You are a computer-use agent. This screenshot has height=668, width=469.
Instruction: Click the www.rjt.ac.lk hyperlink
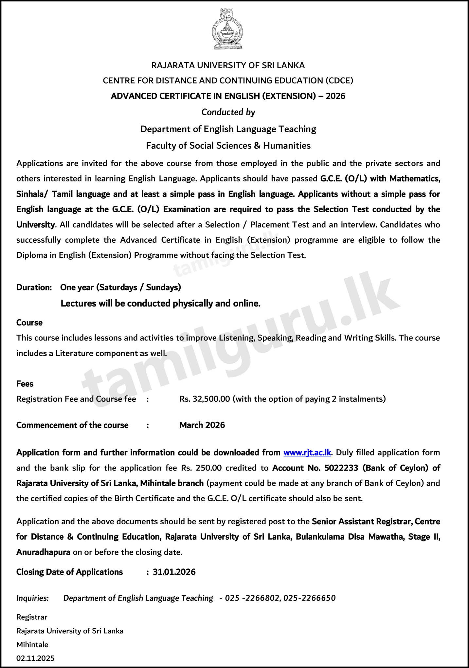(307, 453)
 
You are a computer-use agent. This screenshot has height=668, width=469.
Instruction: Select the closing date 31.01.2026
(174, 572)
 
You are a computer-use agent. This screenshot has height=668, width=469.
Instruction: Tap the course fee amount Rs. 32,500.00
(205, 399)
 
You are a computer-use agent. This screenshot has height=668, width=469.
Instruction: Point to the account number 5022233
(341, 468)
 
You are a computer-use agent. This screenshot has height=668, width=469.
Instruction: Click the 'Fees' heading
(25, 383)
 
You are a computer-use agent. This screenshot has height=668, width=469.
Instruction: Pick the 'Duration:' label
(34, 287)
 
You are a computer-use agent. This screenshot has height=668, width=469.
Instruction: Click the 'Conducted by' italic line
(228, 112)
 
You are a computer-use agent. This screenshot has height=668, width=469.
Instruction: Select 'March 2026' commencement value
(202, 425)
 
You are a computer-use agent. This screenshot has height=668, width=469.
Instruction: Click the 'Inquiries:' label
(32, 598)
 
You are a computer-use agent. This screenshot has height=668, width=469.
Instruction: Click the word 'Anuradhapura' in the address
(43, 552)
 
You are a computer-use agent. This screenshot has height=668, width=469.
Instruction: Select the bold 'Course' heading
(29, 323)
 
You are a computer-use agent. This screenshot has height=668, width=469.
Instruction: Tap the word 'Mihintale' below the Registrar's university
(32, 644)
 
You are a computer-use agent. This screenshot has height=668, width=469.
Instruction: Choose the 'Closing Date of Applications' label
(69, 572)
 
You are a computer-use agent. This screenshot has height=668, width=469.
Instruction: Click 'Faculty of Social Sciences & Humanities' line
(228, 145)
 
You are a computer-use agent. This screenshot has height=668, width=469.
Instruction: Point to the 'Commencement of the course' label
(72, 425)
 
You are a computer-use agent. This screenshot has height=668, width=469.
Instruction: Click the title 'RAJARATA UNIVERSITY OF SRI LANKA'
(228, 65)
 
